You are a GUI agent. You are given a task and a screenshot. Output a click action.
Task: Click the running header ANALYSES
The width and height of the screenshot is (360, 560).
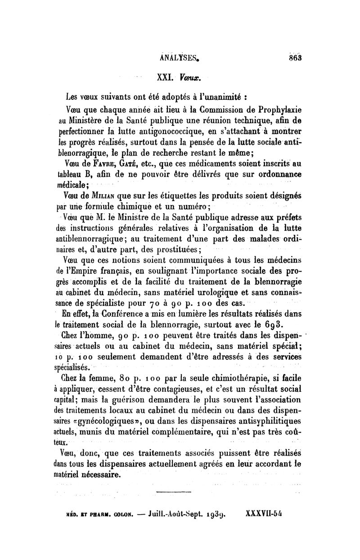point(180,57)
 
